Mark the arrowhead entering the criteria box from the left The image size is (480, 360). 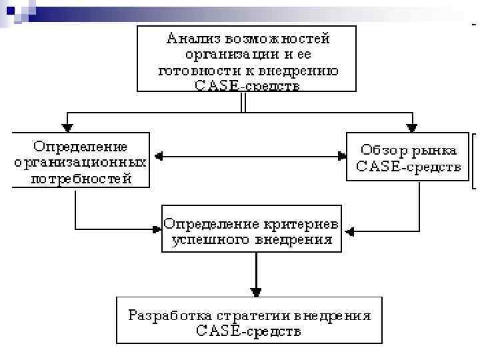click(157, 229)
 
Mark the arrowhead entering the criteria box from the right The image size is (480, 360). click(347, 231)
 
